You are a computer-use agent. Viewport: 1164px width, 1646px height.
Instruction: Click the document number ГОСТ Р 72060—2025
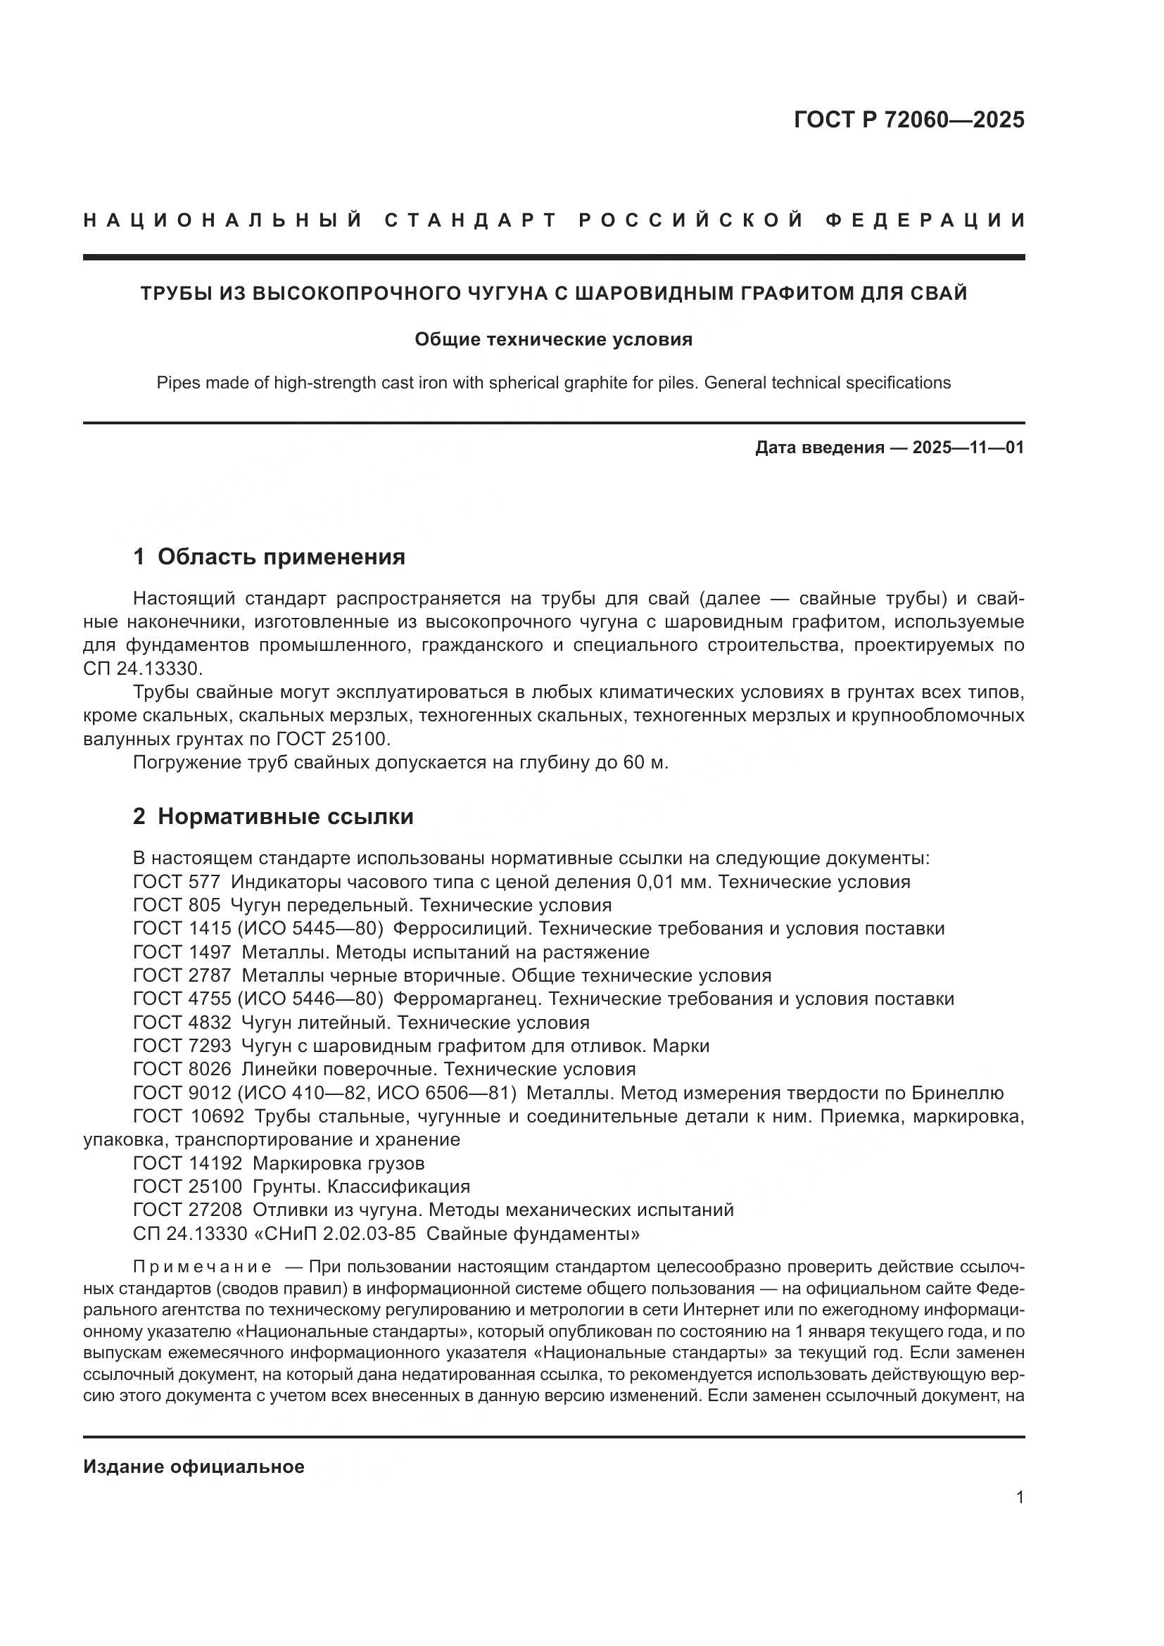coord(909,120)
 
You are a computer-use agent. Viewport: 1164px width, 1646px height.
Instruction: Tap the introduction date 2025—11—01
coord(968,448)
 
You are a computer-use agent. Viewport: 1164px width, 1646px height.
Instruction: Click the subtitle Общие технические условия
coord(553,339)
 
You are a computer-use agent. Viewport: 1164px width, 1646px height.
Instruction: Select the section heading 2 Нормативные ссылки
coord(273,816)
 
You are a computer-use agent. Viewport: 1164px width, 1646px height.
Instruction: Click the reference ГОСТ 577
coord(177,882)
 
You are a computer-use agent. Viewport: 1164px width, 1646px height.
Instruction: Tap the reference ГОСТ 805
coord(177,905)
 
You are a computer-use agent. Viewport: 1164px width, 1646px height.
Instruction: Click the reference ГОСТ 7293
coord(182,1046)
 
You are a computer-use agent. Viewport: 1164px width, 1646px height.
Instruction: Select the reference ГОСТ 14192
coord(188,1163)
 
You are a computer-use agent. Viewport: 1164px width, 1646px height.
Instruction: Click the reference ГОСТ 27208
coord(188,1210)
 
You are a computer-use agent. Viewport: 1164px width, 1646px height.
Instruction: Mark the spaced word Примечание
coord(202,1267)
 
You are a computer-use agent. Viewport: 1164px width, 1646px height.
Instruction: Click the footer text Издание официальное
coord(194,1467)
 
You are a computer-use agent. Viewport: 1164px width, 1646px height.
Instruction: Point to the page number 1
coord(1020,1498)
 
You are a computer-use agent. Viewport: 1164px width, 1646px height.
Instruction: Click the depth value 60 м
coord(645,763)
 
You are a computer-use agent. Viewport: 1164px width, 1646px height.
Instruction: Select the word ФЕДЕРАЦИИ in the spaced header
coord(925,220)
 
